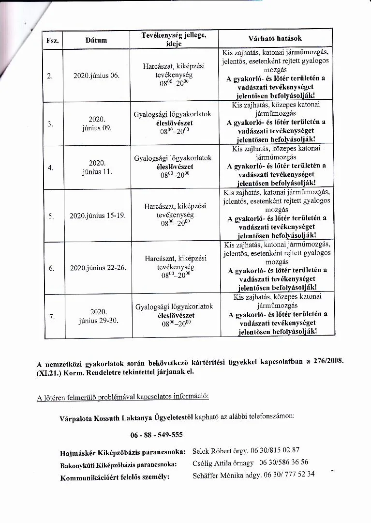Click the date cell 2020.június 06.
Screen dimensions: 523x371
pos(96,76)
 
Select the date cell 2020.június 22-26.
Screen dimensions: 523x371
pos(98,267)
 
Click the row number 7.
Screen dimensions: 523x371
pos(52,317)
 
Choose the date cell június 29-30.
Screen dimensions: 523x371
pos(98,321)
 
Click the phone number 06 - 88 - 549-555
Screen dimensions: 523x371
pos(156,434)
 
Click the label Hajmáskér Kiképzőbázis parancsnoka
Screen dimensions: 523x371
pos(122,452)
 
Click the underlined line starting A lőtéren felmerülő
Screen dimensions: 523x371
pos(123,398)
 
